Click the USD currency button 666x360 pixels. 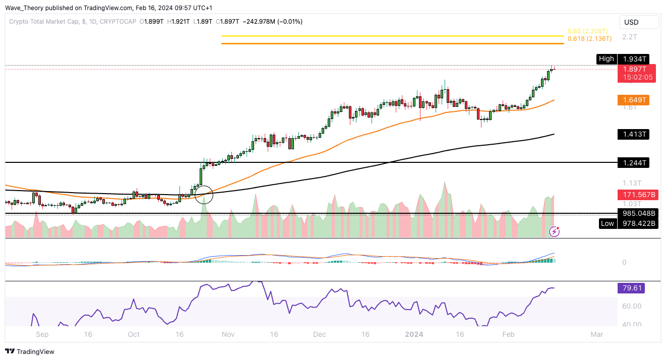(x=639, y=22)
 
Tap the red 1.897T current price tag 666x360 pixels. (x=636, y=69)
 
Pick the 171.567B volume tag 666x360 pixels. (x=636, y=194)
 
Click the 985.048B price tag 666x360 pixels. (x=637, y=213)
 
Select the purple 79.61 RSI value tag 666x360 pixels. (x=630, y=288)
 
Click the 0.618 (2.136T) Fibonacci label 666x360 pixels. (x=589, y=39)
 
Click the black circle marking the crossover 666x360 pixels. (x=204, y=194)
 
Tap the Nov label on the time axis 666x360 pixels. (x=228, y=334)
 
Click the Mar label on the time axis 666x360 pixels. (x=597, y=334)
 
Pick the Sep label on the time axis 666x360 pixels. (x=42, y=334)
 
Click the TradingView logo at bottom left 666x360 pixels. (x=30, y=351)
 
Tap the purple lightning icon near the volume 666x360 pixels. (x=554, y=231)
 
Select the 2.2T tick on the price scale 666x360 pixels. (x=629, y=37)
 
